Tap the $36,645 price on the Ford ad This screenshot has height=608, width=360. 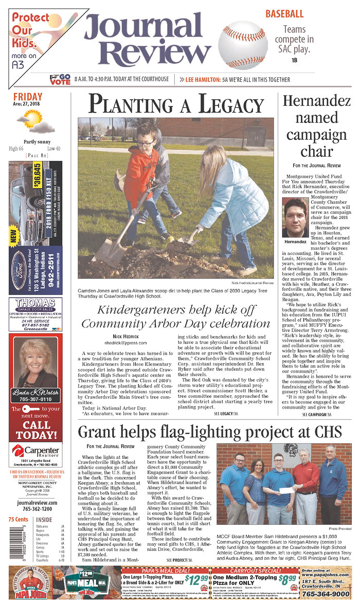click(x=37, y=176)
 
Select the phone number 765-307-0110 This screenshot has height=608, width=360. click(x=35, y=399)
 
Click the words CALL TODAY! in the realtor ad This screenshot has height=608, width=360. click(x=35, y=431)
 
